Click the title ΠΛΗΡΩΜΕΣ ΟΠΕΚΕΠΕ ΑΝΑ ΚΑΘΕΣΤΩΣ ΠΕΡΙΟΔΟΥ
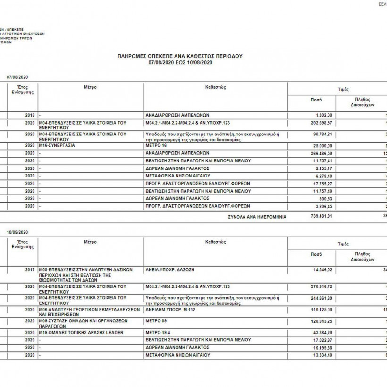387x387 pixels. coord(180,56)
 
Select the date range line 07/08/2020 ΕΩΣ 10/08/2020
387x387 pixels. coord(180,62)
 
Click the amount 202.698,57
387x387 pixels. coord(320,122)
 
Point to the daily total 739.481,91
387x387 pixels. coord(320,216)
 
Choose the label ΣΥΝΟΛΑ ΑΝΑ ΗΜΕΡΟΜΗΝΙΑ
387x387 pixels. coord(257,216)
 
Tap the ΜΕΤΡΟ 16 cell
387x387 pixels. coord(159,145)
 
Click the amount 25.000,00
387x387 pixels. coord(321,145)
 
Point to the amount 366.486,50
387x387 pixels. coord(320,153)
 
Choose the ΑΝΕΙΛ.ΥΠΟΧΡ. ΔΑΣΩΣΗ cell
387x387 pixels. coord(170,269)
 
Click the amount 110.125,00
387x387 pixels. coord(320,309)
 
